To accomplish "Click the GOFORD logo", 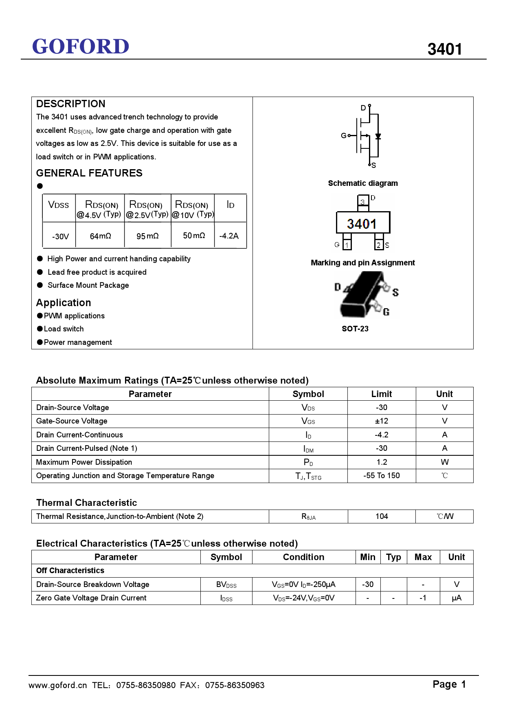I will click(81, 46).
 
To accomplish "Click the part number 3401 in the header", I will click(444, 49).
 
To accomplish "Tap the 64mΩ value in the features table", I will click(100, 236).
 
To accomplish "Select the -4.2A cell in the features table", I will click(229, 236).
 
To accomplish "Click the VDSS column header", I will click(59, 205).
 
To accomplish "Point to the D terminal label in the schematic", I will click(363, 108).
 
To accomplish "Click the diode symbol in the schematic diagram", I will click(378, 136).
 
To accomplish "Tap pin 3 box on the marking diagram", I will click(362, 201).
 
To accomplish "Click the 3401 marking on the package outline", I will click(362, 224).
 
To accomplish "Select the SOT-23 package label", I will click(355, 329).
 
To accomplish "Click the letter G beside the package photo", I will click(386, 312).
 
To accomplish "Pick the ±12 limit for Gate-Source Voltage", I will click(381, 421).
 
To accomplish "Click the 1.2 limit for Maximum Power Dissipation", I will click(382, 462).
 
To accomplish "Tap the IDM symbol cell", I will click(308, 449).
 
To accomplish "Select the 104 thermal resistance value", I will click(382, 516).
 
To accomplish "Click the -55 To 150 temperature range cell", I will click(381, 476).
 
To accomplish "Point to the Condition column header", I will click(303, 557).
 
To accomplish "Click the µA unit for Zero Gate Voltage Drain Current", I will click(457, 598).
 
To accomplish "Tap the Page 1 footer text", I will click(449, 684).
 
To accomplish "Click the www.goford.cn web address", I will click(58, 685).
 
